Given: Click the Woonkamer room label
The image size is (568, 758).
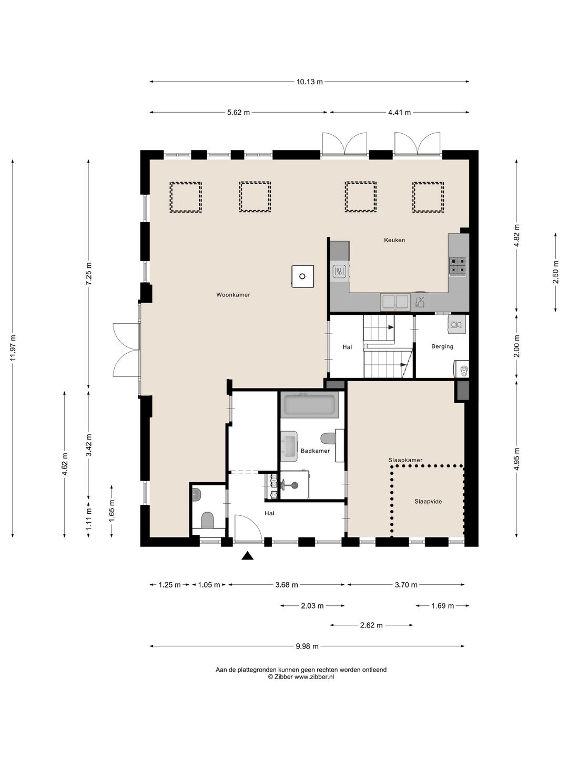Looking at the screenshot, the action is coord(233,295).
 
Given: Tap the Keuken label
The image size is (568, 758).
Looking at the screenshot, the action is coord(394,240).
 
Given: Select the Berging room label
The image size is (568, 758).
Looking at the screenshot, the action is coord(442,346).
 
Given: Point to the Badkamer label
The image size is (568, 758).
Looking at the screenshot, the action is coord(315,451).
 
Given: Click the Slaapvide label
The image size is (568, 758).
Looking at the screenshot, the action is coord(428,502).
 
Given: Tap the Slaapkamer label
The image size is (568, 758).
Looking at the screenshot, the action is coord(405,460).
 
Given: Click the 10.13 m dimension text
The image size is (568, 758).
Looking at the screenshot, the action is coord(310,82).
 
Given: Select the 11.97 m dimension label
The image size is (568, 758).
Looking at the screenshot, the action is coord(13,348).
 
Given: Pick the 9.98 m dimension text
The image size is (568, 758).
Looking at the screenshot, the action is coord(307,646).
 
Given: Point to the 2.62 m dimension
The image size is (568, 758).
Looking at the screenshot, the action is coord(371,625).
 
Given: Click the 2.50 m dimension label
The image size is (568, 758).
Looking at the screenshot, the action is coord(555,272).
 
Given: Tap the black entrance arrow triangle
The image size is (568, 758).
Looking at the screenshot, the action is coord(247,556).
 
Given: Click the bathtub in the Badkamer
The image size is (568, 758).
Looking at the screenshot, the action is coord(309,405).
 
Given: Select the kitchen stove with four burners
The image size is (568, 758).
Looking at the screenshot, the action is coord(458,266).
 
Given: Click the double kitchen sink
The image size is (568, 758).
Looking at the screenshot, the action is coord(395,301).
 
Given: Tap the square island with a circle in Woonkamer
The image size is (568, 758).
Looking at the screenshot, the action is coord(302,276).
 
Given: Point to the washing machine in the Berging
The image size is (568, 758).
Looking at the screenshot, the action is coord(461,369).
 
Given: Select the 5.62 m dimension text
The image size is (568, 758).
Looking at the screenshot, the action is coord(238,113).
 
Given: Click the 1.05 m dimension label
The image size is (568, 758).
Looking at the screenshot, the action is coord(209,585).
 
